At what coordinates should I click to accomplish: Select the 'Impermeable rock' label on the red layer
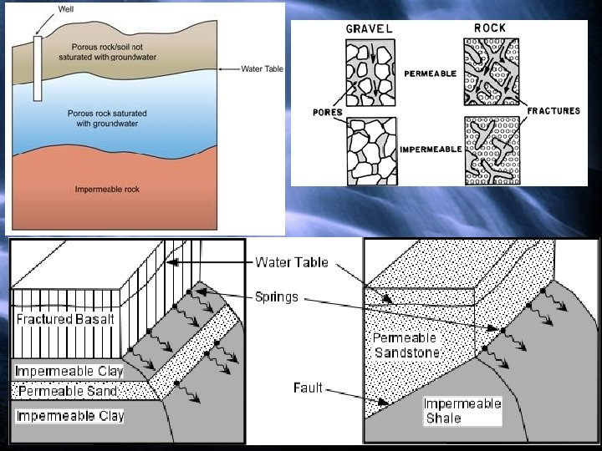tap(106, 190)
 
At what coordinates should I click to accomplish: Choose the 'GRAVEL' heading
tap(369, 29)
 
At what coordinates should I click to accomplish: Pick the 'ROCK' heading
tap(490, 28)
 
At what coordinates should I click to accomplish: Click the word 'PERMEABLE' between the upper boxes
tap(431, 73)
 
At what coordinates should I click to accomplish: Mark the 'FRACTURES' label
tap(554, 111)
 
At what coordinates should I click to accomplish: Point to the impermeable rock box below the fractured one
tap(492, 149)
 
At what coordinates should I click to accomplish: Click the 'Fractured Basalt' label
tap(65, 319)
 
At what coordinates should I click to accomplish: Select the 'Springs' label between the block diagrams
tap(277, 297)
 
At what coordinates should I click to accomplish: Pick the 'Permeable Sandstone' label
tap(406, 346)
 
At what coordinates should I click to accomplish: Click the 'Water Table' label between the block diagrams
tap(292, 262)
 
